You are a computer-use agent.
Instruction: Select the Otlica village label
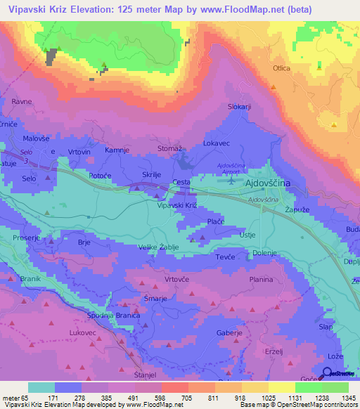(282, 69)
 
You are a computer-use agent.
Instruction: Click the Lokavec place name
(217, 143)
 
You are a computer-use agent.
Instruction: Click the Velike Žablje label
(158, 247)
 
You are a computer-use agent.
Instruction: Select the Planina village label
(261, 279)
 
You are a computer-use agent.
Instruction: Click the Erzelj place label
(273, 351)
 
